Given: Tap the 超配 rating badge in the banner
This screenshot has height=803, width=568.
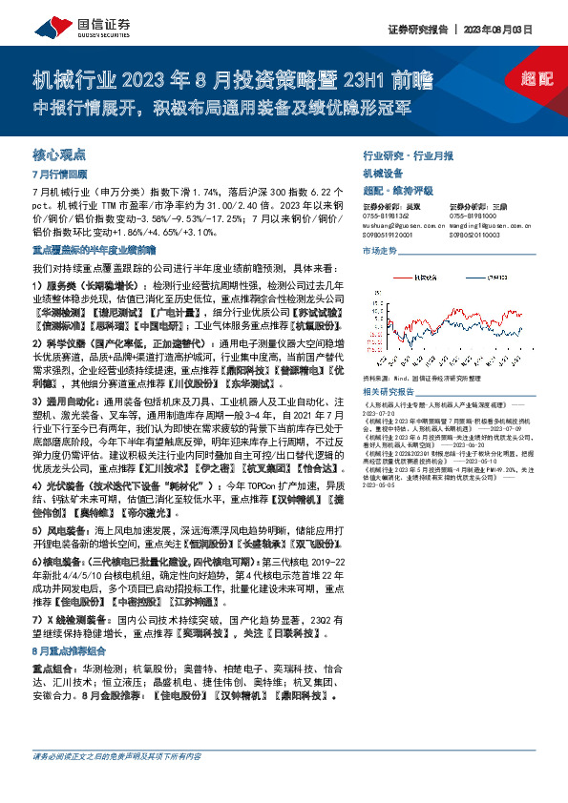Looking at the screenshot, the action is tap(537, 79).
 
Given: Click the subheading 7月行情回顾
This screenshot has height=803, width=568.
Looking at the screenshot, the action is tap(59, 175).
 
